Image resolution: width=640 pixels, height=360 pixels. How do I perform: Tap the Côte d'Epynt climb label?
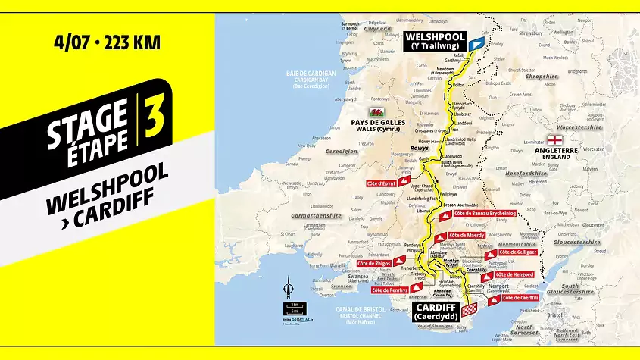tap(382, 183)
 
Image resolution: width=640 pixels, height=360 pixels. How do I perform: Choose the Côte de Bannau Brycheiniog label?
tap(485, 214)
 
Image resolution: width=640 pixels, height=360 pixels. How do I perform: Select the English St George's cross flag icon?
tap(555, 141)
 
